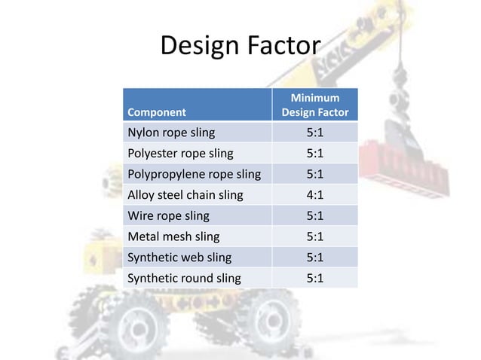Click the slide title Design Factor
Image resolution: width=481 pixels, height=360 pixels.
click(x=240, y=47)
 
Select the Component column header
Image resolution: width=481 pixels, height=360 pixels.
click(x=156, y=113)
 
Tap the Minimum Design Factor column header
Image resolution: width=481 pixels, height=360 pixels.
click(x=314, y=105)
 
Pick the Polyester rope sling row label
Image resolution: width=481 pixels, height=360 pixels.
click(x=179, y=154)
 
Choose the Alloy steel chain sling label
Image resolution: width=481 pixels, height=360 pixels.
click(x=185, y=195)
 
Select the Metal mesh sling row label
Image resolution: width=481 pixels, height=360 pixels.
click(x=172, y=236)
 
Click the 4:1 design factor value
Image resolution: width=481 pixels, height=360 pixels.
click(x=315, y=195)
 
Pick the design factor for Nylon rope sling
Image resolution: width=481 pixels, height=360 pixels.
click(x=315, y=133)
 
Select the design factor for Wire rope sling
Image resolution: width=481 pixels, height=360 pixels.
click(x=315, y=215)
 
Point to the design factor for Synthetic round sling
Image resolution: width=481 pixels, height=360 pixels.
click(x=315, y=278)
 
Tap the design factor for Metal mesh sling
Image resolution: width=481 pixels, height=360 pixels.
click(x=315, y=236)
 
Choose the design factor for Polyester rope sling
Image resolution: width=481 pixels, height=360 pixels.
click(x=315, y=154)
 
